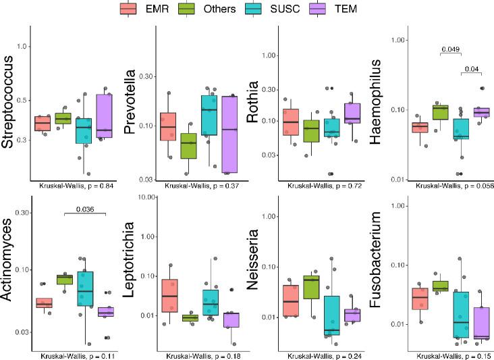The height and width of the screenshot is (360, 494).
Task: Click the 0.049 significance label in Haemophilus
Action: (450, 49)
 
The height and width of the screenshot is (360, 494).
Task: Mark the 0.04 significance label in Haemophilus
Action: (472, 68)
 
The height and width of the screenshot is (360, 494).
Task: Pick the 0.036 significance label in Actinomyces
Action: (85, 209)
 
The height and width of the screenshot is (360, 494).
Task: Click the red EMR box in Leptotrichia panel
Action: (170, 294)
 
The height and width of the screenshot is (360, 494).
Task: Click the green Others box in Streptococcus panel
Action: (63, 118)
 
